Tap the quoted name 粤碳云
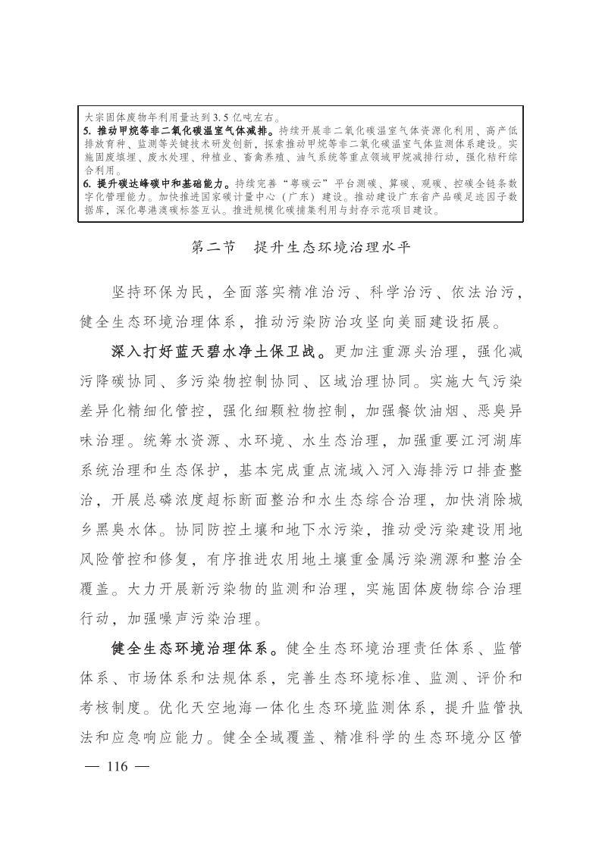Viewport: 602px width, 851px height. click(x=300, y=183)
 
